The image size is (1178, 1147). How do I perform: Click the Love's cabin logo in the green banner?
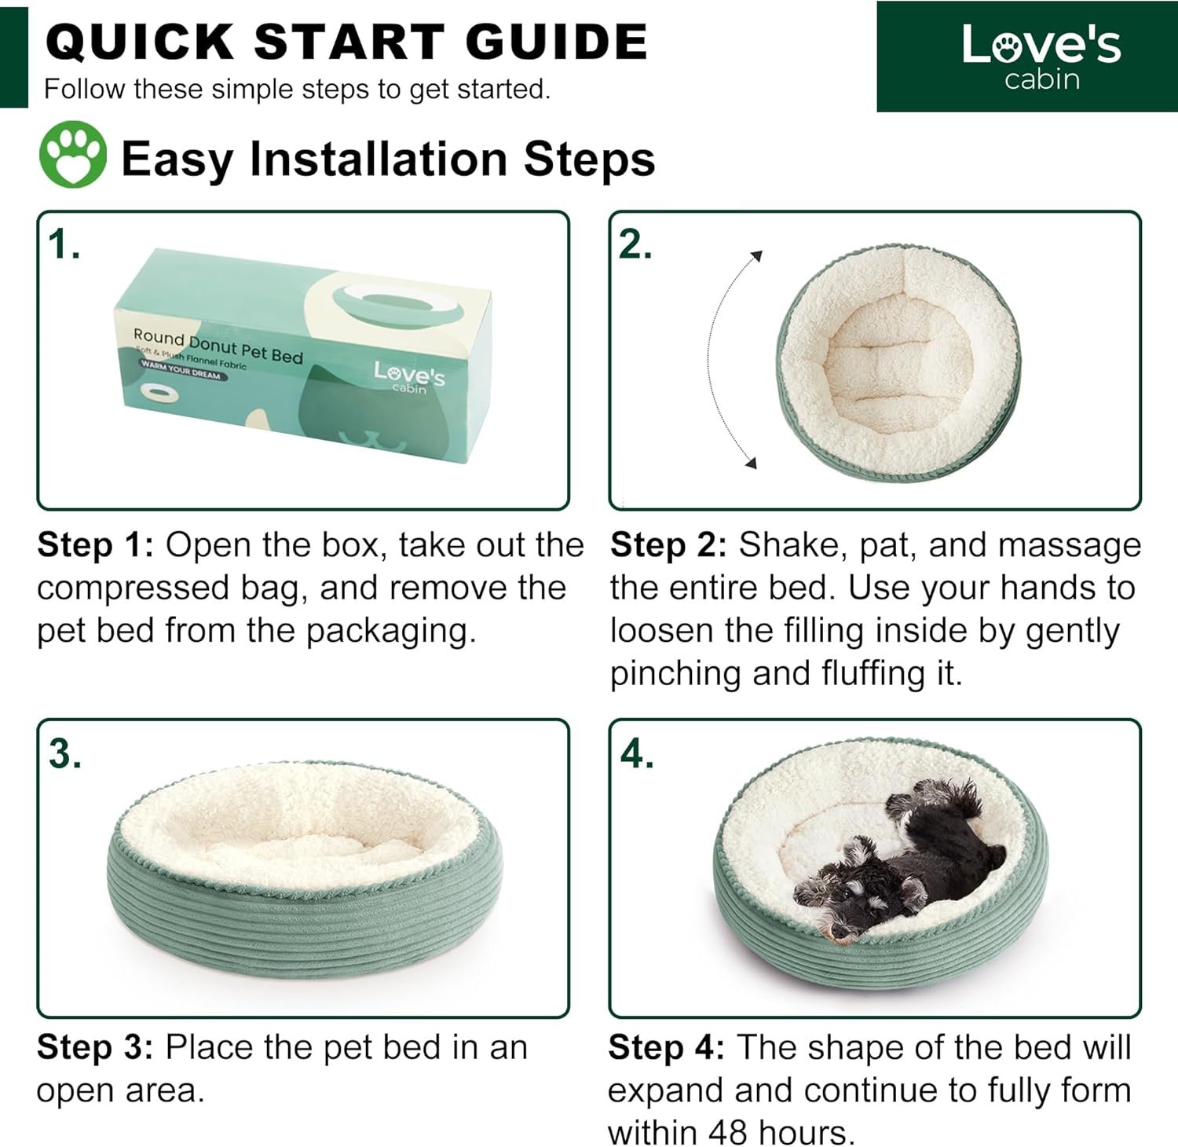[1041, 57]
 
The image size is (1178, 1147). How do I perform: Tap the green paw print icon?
[73, 154]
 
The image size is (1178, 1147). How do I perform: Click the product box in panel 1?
[302, 354]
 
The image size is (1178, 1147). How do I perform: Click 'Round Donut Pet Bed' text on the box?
[218, 346]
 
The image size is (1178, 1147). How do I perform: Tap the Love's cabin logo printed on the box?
[409, 376]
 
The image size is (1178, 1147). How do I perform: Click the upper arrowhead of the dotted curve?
[756, 255]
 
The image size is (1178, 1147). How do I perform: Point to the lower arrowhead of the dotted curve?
[751, 463]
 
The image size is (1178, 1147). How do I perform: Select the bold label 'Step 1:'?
[96, 545]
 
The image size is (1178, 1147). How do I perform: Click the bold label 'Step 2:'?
[669, 545]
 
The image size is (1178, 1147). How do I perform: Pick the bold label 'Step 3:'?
[96, 1047]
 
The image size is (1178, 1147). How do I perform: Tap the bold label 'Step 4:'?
[667, 1047]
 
